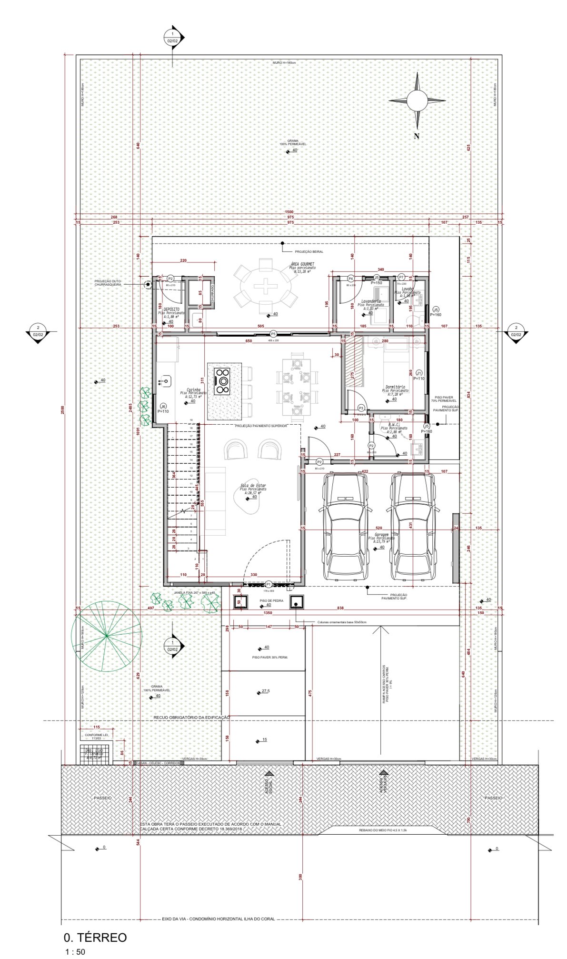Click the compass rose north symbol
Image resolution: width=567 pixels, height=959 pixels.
(417, 100)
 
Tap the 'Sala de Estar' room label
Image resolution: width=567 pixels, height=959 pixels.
(253, 486)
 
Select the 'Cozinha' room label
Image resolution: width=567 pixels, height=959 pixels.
(193, 390)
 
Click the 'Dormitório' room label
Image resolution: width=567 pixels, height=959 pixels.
(395, 387)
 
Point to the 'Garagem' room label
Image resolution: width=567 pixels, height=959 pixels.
(379, 535)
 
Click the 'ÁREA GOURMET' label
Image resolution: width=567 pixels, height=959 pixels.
(302, 264)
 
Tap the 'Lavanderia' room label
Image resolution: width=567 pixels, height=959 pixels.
(371, 301)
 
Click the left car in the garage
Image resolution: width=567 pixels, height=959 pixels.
(346, 526)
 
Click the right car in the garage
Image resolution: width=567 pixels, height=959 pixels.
(413, 526)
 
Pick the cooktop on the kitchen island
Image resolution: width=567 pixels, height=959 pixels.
(222, 380)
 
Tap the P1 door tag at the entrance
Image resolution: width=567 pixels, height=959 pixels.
(269, 584)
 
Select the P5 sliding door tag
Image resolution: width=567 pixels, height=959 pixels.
(273, 334)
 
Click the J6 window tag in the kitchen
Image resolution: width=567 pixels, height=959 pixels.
(163, 406)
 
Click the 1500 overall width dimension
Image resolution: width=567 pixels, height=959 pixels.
(289, 212)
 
